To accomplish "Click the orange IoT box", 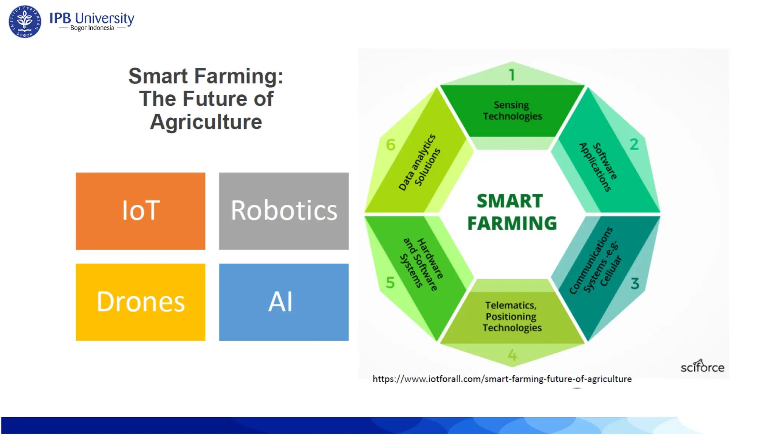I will point(140,211).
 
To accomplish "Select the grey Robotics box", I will point(283,211).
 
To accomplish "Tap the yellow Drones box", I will point(140,302).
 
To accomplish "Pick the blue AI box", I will point(283,302).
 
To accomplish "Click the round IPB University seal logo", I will point(25,22).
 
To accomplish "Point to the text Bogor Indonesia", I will point(92,28).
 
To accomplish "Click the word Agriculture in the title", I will point(206,122).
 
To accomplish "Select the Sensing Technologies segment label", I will point(512,110).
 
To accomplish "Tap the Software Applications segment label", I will point(598,167).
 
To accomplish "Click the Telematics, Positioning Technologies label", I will point(512,316).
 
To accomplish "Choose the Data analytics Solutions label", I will point(420,162).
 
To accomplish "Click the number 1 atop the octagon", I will point(512,75).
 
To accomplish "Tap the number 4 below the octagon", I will point(512,355).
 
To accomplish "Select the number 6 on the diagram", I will point(390,145).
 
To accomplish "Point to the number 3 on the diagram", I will point(635,283).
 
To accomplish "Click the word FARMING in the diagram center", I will point(512,223).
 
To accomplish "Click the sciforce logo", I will point(702,366).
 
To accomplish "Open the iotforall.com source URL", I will point(502,379).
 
